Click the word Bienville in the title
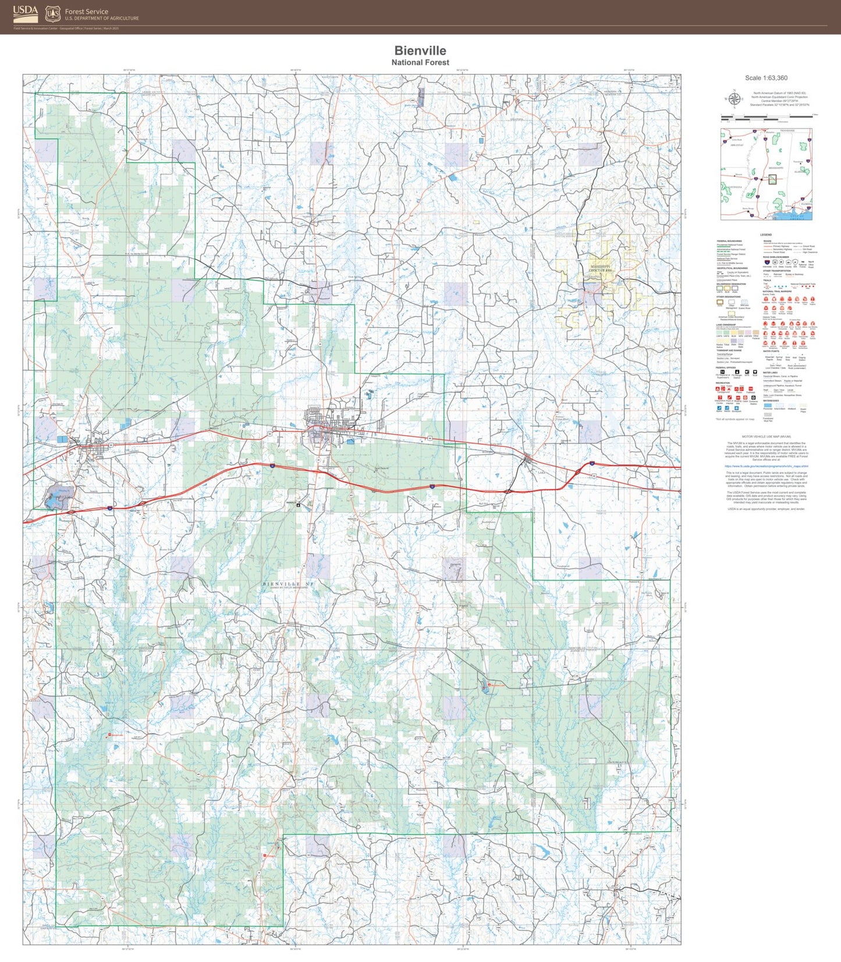(x=420, y=51)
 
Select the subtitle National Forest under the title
(x=420, y=62)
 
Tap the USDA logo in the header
(x=26, y=13)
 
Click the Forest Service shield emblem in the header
(x=52, y=13)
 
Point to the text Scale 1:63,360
(x=766, y=78)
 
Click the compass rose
(x=734, y=100)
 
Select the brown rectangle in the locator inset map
(x=772, y=179)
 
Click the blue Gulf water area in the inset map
(x=792, y=216)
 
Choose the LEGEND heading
(x=766, y=235)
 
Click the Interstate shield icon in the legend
(x=767, y=262)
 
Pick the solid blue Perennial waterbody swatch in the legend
(x=768, y=405)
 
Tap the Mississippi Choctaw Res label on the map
(x=600, y=268)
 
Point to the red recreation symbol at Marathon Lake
(x=489, y=685)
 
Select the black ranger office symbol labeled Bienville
(x=299, y=505)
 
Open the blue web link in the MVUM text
(x=766, y=466)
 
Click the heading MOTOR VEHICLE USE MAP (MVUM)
(x=766, y=436)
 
